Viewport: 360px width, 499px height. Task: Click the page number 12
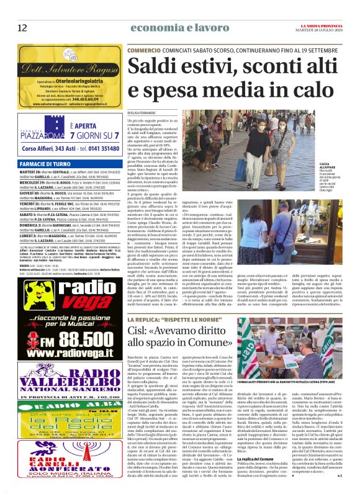pos(22,27)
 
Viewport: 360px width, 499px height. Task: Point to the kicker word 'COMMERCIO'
pos(144,49)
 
